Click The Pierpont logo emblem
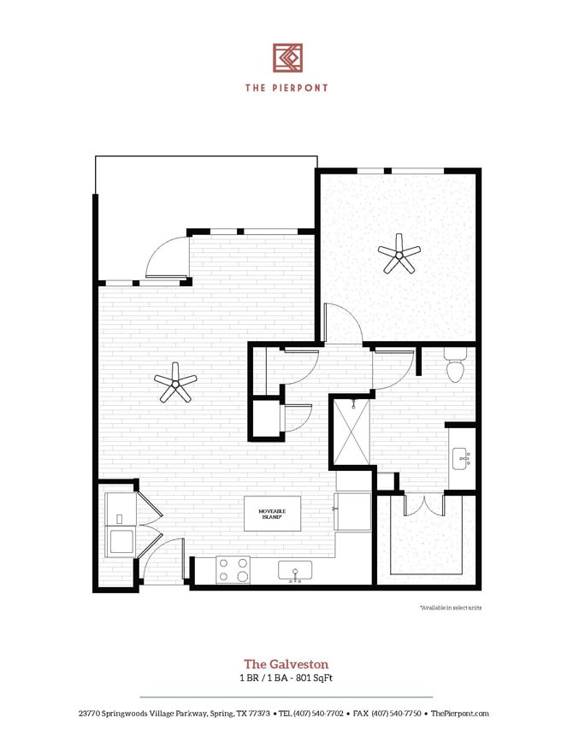[286, 57]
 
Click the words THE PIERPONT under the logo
[286, 87]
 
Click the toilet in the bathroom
[455, 368]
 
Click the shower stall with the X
[351, 431]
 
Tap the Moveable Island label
[273, 513]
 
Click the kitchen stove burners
[233, 570]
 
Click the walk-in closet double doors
[422, 505]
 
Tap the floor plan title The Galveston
[286, 663]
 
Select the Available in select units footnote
[449, 607]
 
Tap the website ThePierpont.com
[460, 713]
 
